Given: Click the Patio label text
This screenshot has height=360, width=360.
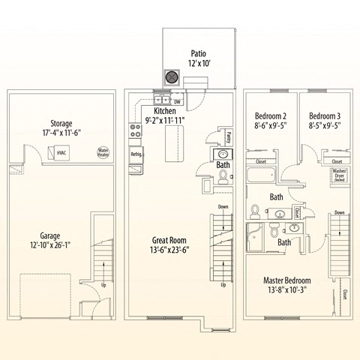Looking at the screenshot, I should point(198,53).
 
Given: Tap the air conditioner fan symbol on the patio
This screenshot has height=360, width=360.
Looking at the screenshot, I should point(172,77).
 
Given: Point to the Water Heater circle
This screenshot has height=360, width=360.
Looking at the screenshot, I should point(103,152).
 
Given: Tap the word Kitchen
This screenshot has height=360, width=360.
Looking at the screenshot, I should point(165,109).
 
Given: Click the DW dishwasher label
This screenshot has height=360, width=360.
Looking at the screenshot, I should point(178,100).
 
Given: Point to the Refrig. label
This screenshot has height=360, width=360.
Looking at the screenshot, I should point(136,154).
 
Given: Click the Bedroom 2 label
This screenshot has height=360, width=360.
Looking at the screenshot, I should point(271,116).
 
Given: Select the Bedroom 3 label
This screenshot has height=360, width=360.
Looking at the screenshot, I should point(324,116).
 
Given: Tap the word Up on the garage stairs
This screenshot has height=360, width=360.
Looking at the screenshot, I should point(102,285).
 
